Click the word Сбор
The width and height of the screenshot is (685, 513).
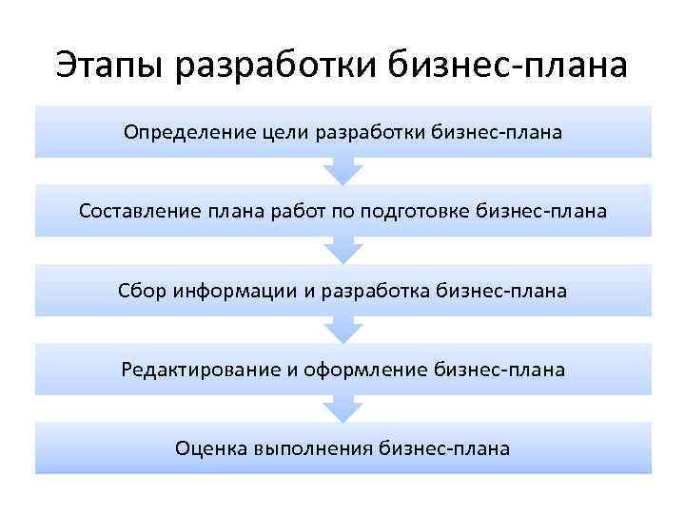pos(143,290)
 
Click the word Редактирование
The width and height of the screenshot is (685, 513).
pos(200,369)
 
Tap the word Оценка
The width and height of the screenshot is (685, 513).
pos(210,447)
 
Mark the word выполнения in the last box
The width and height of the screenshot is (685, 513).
pos(312,447)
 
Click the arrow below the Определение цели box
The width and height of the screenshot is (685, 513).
pos(343,171)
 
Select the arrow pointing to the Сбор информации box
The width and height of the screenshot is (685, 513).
pos(343,250)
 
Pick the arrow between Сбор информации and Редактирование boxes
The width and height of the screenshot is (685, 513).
pos(343,329)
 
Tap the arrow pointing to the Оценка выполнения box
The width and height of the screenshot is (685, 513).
pos(343,408)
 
